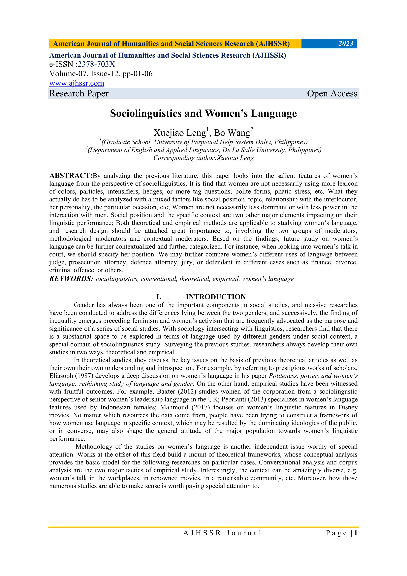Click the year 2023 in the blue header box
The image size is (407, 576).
tap(345, 44)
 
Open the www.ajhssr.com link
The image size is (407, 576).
tap(77, 83)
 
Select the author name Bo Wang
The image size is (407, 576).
tap(232, 133)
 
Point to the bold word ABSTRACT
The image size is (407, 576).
tap(71, 175)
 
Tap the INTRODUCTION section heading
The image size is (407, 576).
tap(216, 297)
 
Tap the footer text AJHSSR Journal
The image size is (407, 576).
tap(222, 533)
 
